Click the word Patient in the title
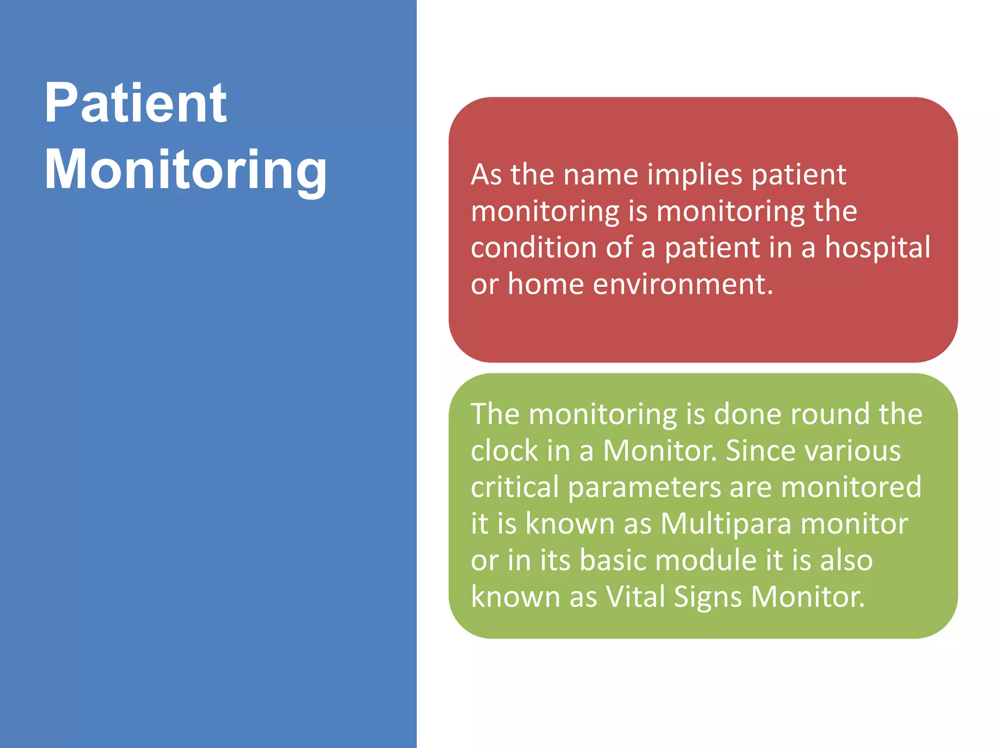pos(135,103)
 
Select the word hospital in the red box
pos(877,247)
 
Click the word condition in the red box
pos(534,247)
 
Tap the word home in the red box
pos(545,284)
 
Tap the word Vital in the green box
pos(635,597)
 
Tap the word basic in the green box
pos(612,560)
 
